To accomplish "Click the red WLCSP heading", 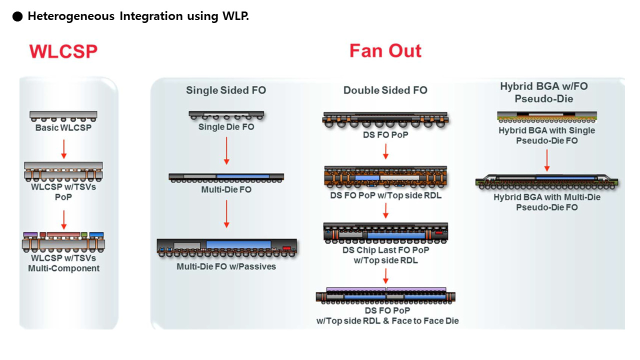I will [63, 51].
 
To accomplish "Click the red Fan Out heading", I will [385, 51].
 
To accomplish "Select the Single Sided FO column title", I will [226, 90].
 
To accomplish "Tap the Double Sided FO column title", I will [385, 90].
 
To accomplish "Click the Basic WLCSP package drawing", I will [63, 116].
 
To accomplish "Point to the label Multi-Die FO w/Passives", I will [226, 266].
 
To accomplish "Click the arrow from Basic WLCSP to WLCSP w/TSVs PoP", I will [63, 148].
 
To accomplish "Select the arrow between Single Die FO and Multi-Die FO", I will [226, 151].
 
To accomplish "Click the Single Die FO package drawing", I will [226, 115].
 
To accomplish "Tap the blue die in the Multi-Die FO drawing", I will [242, 176].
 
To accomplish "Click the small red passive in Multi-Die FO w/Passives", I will [286, 248].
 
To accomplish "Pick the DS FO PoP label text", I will [385, 134].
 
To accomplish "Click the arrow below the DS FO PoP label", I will [385, 151].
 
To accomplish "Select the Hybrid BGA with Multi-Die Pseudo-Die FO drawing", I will [547, 181].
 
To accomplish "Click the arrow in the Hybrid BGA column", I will [547, 159].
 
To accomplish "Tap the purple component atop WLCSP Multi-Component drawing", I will [30, 234].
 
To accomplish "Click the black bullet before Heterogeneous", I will [17, 16].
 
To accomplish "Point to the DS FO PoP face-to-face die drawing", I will [386, 295].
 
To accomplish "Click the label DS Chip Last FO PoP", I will [385, 250].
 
